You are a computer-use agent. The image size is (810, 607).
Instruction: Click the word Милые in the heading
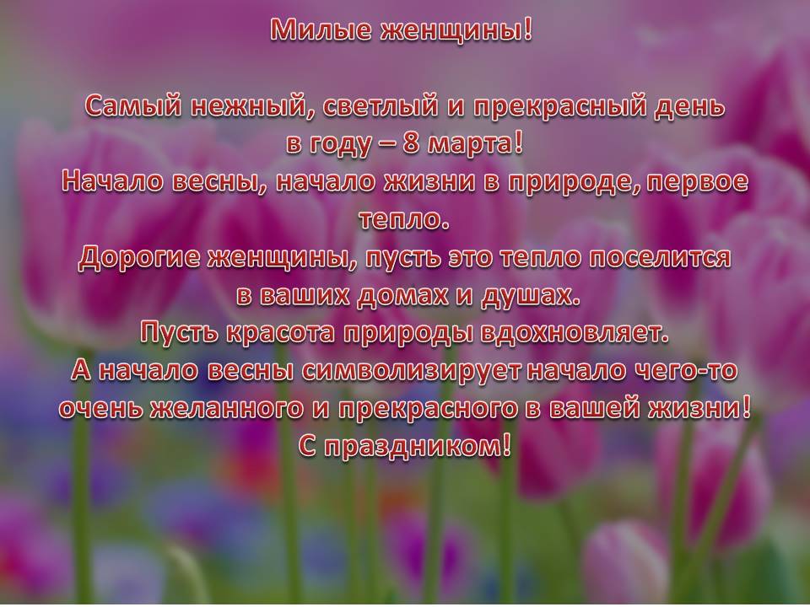(321, 30)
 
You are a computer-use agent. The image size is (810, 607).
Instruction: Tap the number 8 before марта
(411, 143)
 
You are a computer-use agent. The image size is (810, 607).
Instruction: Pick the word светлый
(386, 107)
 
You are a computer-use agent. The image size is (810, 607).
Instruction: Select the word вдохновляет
(574, 333)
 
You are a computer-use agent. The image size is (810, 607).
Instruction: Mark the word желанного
(226, 408)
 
